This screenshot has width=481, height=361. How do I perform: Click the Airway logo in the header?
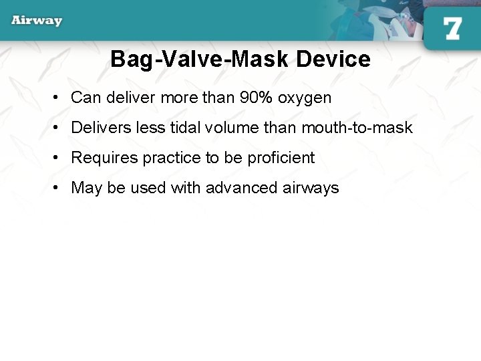(x=37, y=20)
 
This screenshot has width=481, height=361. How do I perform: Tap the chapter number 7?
(x=452, y=29)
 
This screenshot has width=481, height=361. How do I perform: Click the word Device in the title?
(x=333, y=59)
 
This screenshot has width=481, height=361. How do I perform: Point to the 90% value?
(x=257, y=98)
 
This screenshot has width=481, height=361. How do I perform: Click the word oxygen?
(x=305, y=98)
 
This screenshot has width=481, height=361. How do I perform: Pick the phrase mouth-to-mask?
(x=357, y=128)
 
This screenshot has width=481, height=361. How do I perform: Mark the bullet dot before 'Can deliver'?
(x=59, y=98)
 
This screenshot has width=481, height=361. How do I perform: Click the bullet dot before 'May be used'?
(x=59, y=188)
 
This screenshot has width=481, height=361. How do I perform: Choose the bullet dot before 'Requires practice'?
(x=59, y=158)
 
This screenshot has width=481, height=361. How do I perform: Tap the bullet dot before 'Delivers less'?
(x=59, y=128)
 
